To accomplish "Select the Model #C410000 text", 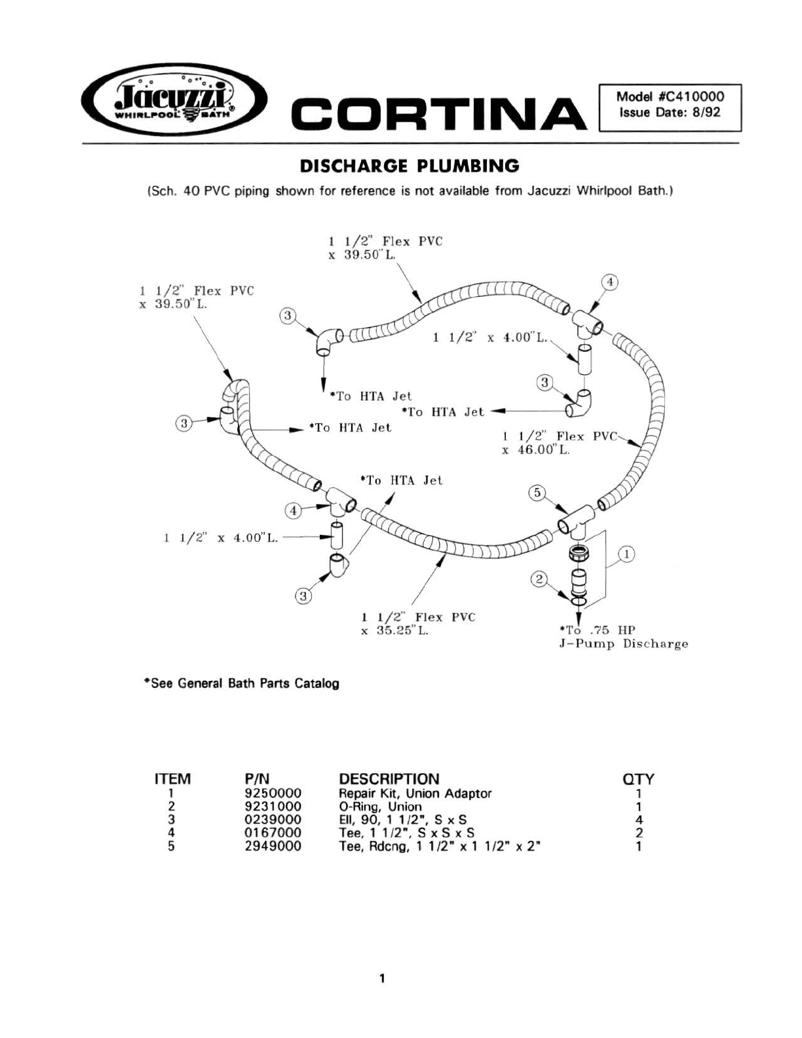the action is [670, 96].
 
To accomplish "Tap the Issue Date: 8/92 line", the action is [670, 113].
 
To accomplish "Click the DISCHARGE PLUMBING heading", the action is [410, 166].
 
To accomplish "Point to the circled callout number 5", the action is [537, 493].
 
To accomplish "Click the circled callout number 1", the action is [626, 554].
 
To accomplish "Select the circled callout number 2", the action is [539, 579].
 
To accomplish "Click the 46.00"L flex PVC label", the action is [560, 443].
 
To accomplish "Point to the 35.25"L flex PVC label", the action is [418, 624].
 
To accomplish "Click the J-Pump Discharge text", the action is [623, 644].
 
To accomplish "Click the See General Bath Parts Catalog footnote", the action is [242, 683].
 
